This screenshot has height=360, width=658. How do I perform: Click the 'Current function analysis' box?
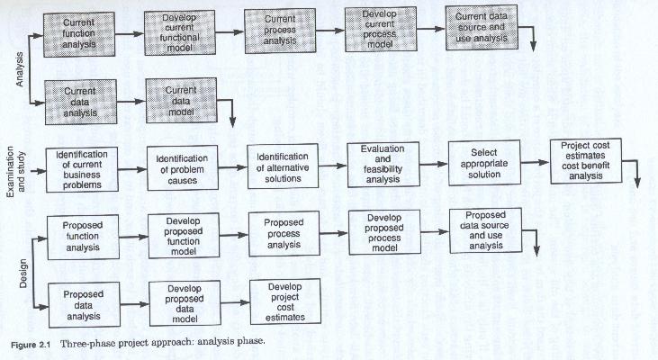79,34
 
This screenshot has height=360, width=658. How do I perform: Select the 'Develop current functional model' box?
180,32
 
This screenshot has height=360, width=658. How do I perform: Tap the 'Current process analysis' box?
280,31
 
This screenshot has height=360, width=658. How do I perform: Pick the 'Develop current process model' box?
381,29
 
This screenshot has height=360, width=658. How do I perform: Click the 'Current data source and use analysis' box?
482,27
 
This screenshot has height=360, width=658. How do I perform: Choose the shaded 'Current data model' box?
181,100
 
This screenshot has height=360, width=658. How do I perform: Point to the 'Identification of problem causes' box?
182,169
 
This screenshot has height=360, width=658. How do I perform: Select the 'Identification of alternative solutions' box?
283,167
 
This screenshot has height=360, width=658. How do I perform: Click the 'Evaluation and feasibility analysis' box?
383,165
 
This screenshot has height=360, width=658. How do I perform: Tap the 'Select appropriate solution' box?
484,163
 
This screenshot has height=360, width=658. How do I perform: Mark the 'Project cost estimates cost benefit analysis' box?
586,161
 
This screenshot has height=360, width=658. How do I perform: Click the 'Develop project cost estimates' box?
285,301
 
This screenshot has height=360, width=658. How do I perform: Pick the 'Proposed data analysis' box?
84,305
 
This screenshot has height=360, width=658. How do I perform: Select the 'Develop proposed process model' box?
384,232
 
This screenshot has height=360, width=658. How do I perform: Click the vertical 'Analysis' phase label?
19,69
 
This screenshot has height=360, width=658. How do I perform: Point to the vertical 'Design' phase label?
23,273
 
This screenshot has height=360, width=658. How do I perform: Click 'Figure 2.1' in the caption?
31,346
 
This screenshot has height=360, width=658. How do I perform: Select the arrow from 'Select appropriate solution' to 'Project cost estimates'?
535,162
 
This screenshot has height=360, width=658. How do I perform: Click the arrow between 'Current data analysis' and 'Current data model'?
131,102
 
